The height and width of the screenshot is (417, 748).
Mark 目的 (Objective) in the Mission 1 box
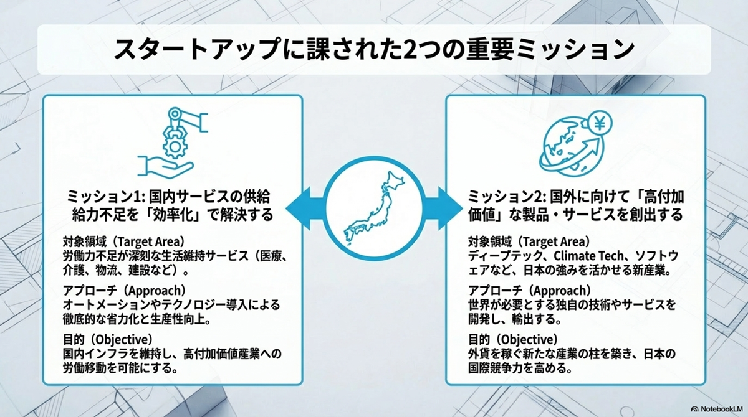[x=108, y=339]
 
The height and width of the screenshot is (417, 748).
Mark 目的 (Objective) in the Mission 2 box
[x=512, y=339]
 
